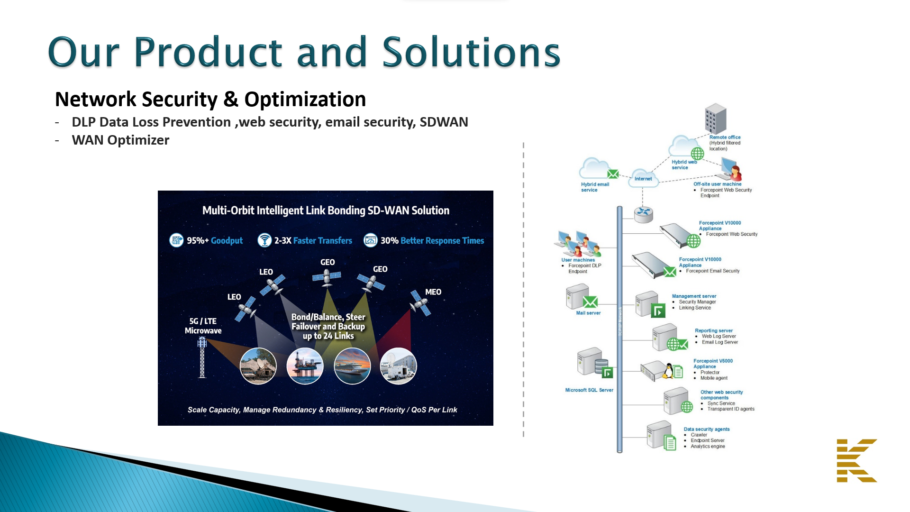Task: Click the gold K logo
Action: pyautogui.click(x=856, y=460)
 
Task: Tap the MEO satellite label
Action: pyautogui.click(x=433, y=292)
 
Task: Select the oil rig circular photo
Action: pyautogui.click(x=305, y=366)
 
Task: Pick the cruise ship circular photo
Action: pyautogui.click(x=352, y=366)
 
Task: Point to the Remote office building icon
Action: pyautogui.click(x=715, y=119)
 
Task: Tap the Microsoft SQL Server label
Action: pyautogui.click(x=589, y=390)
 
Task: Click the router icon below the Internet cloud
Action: pyautogui.click(x=643, y=214)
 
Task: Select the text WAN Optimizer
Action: pyautogui.click(x=120, y=140)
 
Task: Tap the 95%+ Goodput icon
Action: pyautogui.click(x=176, y=240)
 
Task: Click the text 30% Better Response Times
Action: pyautogui.click(x=432, y=241)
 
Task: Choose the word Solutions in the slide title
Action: pyautogui.click(x=471, y=52)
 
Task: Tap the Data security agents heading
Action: pyautogui.click(x=706, y=429)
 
